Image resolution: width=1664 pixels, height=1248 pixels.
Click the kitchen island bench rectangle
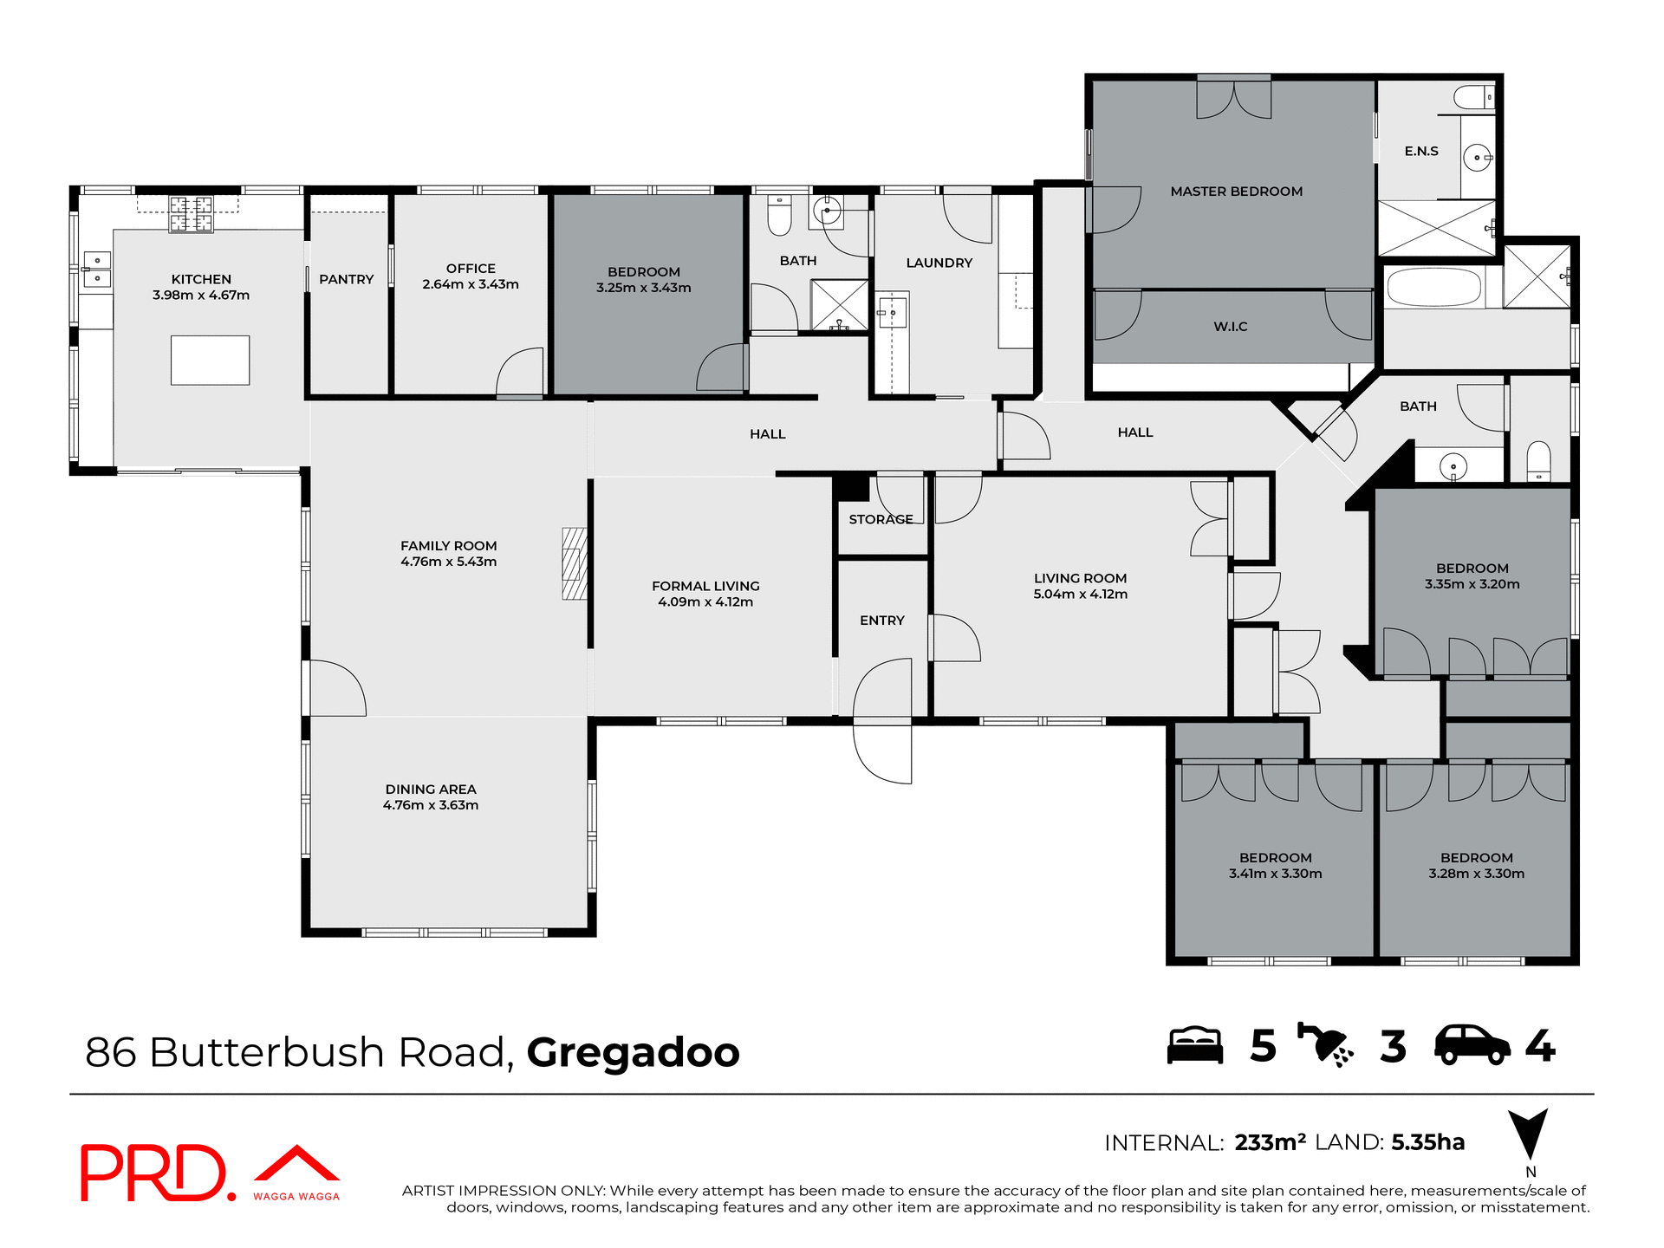210,360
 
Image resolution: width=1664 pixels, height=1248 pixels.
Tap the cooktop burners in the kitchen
191,214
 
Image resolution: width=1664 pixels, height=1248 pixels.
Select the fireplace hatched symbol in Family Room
574,564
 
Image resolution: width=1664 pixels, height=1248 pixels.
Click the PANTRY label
346,279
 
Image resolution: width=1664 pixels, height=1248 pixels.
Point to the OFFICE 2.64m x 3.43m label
471,276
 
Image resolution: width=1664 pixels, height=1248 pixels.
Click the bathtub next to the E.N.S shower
1433,287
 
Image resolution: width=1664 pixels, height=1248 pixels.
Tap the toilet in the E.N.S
1474,97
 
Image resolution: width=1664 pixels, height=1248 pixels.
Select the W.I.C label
1230,327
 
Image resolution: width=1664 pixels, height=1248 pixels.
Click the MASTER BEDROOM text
1236,192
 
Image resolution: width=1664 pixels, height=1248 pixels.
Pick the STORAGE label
881,519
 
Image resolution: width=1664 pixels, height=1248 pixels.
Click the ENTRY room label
881,621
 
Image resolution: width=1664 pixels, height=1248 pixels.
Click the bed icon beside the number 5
1194,1045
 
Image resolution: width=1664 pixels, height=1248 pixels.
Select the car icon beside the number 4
1472,1045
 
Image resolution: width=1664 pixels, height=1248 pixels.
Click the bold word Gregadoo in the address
633,1052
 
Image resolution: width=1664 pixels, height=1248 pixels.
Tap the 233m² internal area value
1270,1142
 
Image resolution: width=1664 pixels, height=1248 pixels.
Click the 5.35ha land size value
1427,1142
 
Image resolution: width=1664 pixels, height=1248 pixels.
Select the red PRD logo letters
154,1173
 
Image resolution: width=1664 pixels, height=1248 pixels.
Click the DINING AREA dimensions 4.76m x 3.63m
431,805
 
